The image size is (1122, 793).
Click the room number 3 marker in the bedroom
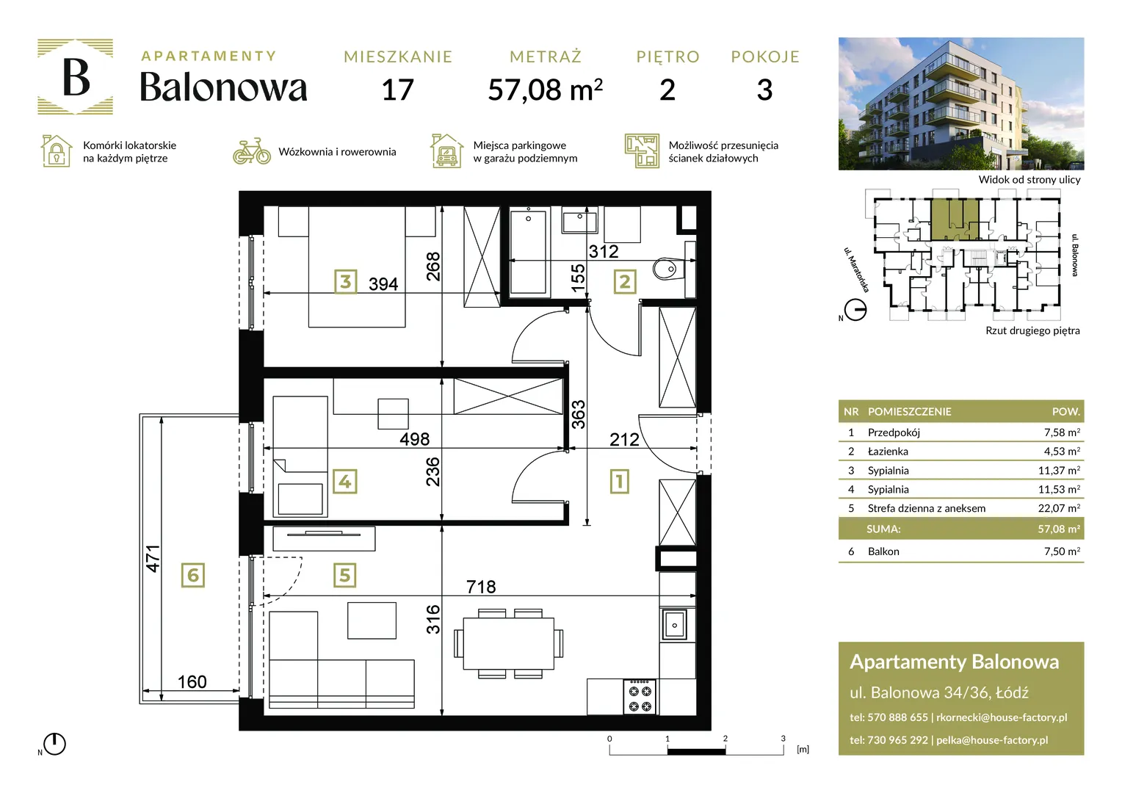click(x=346, y=281)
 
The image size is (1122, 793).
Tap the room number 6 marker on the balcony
click(x=193, y=575)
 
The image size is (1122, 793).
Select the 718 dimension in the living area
click(x=481, y=587)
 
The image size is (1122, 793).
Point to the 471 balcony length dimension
click(x=153, y=559)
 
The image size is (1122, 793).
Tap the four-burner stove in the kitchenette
click(x=640, y=696)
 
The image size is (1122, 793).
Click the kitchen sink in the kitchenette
click(x=676, y=625)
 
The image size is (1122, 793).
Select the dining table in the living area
click(x=508, y=644)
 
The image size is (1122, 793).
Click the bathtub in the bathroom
click(x=529, y=252)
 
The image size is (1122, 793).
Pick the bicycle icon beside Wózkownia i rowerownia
click(x=251, y=151)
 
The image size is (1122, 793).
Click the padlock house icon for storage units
click(x=56, y=151)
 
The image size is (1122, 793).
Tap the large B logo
click(x=76, y=76)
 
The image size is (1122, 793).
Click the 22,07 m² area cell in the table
click(x=1059, y=508)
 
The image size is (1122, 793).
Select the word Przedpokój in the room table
click(x=894, y=432)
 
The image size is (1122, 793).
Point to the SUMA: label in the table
click(x=883, y=529)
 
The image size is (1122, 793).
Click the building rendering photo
click(x=961, y=104)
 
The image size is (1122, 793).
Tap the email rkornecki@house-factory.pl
click(x=1002, y=717)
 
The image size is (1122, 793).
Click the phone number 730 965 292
click(x=897, y=740)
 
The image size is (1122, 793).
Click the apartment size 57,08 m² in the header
click(x=546, y=90)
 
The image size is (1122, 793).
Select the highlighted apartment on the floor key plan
click(x=955, y=220)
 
